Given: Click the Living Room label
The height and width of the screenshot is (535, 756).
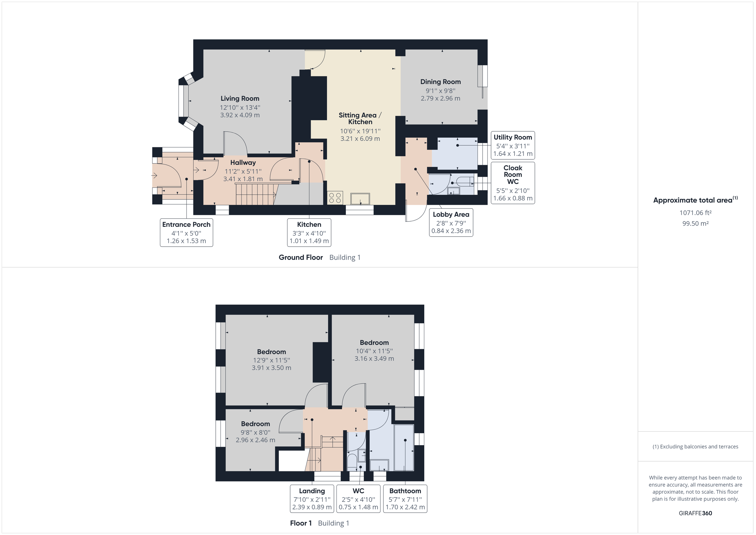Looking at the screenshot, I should tap(240, 99).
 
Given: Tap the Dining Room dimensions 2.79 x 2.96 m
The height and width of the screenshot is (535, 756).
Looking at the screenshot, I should tap(440, 99).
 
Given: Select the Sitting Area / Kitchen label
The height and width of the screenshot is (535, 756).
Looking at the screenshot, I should tap(360, 118).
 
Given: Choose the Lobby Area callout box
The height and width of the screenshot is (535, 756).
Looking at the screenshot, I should tap(451, 222).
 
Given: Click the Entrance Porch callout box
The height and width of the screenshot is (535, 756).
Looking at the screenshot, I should tap(186, 233).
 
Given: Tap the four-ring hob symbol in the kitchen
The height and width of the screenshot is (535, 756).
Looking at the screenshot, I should tap(335, 198).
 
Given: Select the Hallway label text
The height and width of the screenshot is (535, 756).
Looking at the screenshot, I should tap(243, 162).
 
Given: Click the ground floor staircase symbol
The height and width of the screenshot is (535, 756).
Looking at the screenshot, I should tap(255, 194).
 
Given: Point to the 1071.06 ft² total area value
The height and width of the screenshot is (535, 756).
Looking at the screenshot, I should tap(695, 213).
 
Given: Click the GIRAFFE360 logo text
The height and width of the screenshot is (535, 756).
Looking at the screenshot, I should tap(695, 513).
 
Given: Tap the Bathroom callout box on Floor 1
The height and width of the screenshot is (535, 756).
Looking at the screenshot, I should tap(405, 498).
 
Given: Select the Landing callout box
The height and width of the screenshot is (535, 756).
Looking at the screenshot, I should tap(312, 498).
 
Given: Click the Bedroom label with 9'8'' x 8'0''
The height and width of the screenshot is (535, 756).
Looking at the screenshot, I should tap(255, 424).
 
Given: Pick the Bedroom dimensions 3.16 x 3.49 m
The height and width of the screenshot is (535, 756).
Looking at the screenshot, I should tap(374, 359).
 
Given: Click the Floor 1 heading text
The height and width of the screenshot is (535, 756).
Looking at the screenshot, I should tap(301, 523).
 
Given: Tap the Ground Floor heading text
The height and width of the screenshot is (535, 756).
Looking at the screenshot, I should tap(301, 257).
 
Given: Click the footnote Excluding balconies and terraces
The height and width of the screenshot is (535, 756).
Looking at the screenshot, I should tap(695, 446).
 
